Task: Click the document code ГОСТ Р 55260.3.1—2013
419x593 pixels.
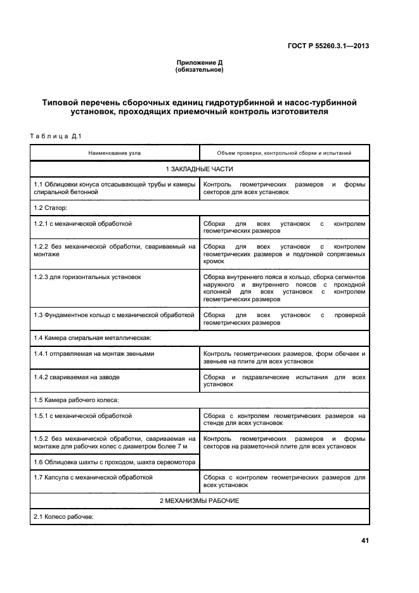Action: tap(330, 46)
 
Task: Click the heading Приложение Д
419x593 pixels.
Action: tap(198, 63)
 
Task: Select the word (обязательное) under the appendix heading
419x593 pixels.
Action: tap(198, 70)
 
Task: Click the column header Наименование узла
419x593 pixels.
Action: tap(115, 153)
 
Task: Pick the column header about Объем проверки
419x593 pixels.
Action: tap(283, 153)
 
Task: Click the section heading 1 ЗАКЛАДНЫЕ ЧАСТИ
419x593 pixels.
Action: tap(199, 169)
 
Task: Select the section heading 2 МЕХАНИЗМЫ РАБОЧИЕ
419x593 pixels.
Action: tap(199, 501)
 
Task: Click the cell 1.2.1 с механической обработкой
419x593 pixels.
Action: tap(83, 224)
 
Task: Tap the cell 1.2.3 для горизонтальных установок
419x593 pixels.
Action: tap(87, 277)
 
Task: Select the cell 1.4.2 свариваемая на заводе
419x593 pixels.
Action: tap(77, 377)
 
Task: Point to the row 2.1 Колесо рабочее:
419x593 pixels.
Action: tap(63, 518)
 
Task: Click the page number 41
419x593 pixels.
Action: tap(364, 540)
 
